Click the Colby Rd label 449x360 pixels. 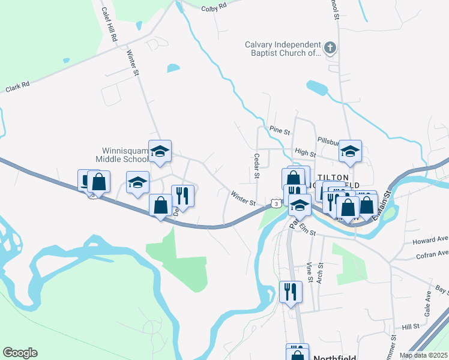[x=214, y=7]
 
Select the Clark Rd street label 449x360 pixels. [x=17, y=87]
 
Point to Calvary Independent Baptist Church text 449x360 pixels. [x=283, y=49]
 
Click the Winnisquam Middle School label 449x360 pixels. [x=122, y=155]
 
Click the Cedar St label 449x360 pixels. [x=256, y=166]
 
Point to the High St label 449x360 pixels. [x=301, y=153]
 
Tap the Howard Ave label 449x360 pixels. [x=430, y=241]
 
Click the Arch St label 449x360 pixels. [x=321, y=272]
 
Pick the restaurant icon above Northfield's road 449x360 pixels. [x=291, y=292]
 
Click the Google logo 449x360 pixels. [x=20, y=353]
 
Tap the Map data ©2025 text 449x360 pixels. [x=423, y=355]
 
